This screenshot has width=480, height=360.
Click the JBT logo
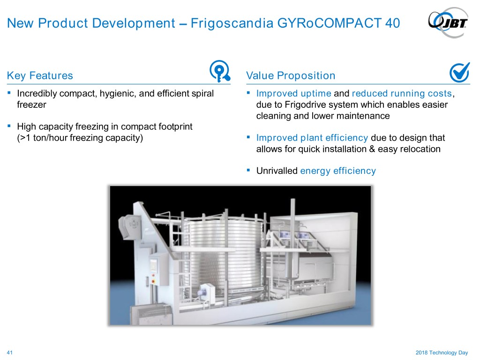tap(448, 22)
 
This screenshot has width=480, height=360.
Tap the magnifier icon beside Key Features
tap(220, 71)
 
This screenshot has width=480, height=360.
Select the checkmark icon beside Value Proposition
tap(459, 72)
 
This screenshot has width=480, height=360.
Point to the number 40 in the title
tap(393, 23)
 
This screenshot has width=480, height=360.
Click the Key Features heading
tap(40, 75)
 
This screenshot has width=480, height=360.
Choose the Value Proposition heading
tap(291, 75)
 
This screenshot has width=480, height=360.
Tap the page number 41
tap(10, 352)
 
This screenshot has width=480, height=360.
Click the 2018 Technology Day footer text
tap(442, 352)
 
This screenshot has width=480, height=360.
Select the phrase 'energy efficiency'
tap(338, 171)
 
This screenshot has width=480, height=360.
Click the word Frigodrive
tap(308, 105)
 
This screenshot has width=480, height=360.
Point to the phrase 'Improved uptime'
tap(293, 93)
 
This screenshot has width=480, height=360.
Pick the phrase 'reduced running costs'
tap(402, 93)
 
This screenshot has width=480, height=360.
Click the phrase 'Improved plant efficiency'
tap(312, 138)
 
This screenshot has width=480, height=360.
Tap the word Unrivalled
tap(277, 171)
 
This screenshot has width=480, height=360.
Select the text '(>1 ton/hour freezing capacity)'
tap(80, 138)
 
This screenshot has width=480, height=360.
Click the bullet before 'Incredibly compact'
tap(9, 92)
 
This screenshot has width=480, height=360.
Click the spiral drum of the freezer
tap(224, 254)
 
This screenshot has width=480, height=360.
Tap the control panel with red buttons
tap(157, 269)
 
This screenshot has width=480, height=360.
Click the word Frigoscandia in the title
tap(232, 23)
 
